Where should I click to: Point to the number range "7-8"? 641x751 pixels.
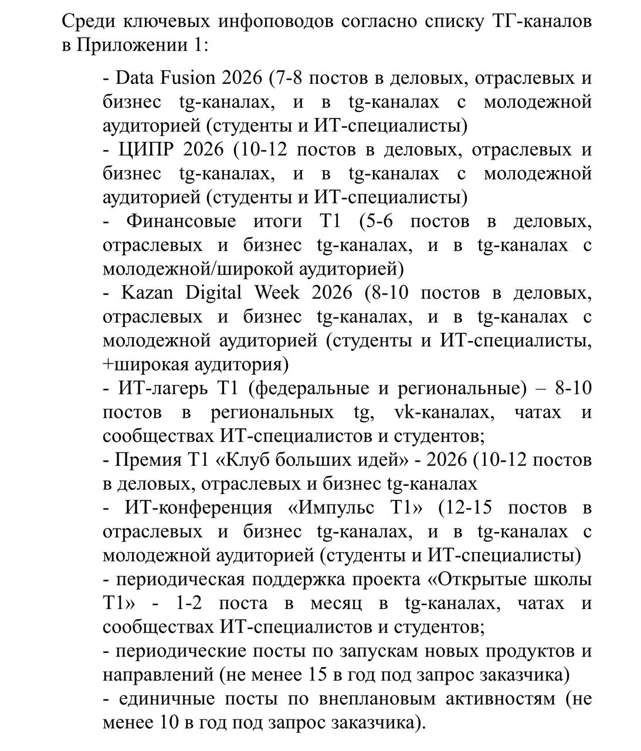point(289,78)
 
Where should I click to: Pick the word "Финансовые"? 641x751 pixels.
point(181,221)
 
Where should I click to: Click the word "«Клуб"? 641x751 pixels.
point(241,461)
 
